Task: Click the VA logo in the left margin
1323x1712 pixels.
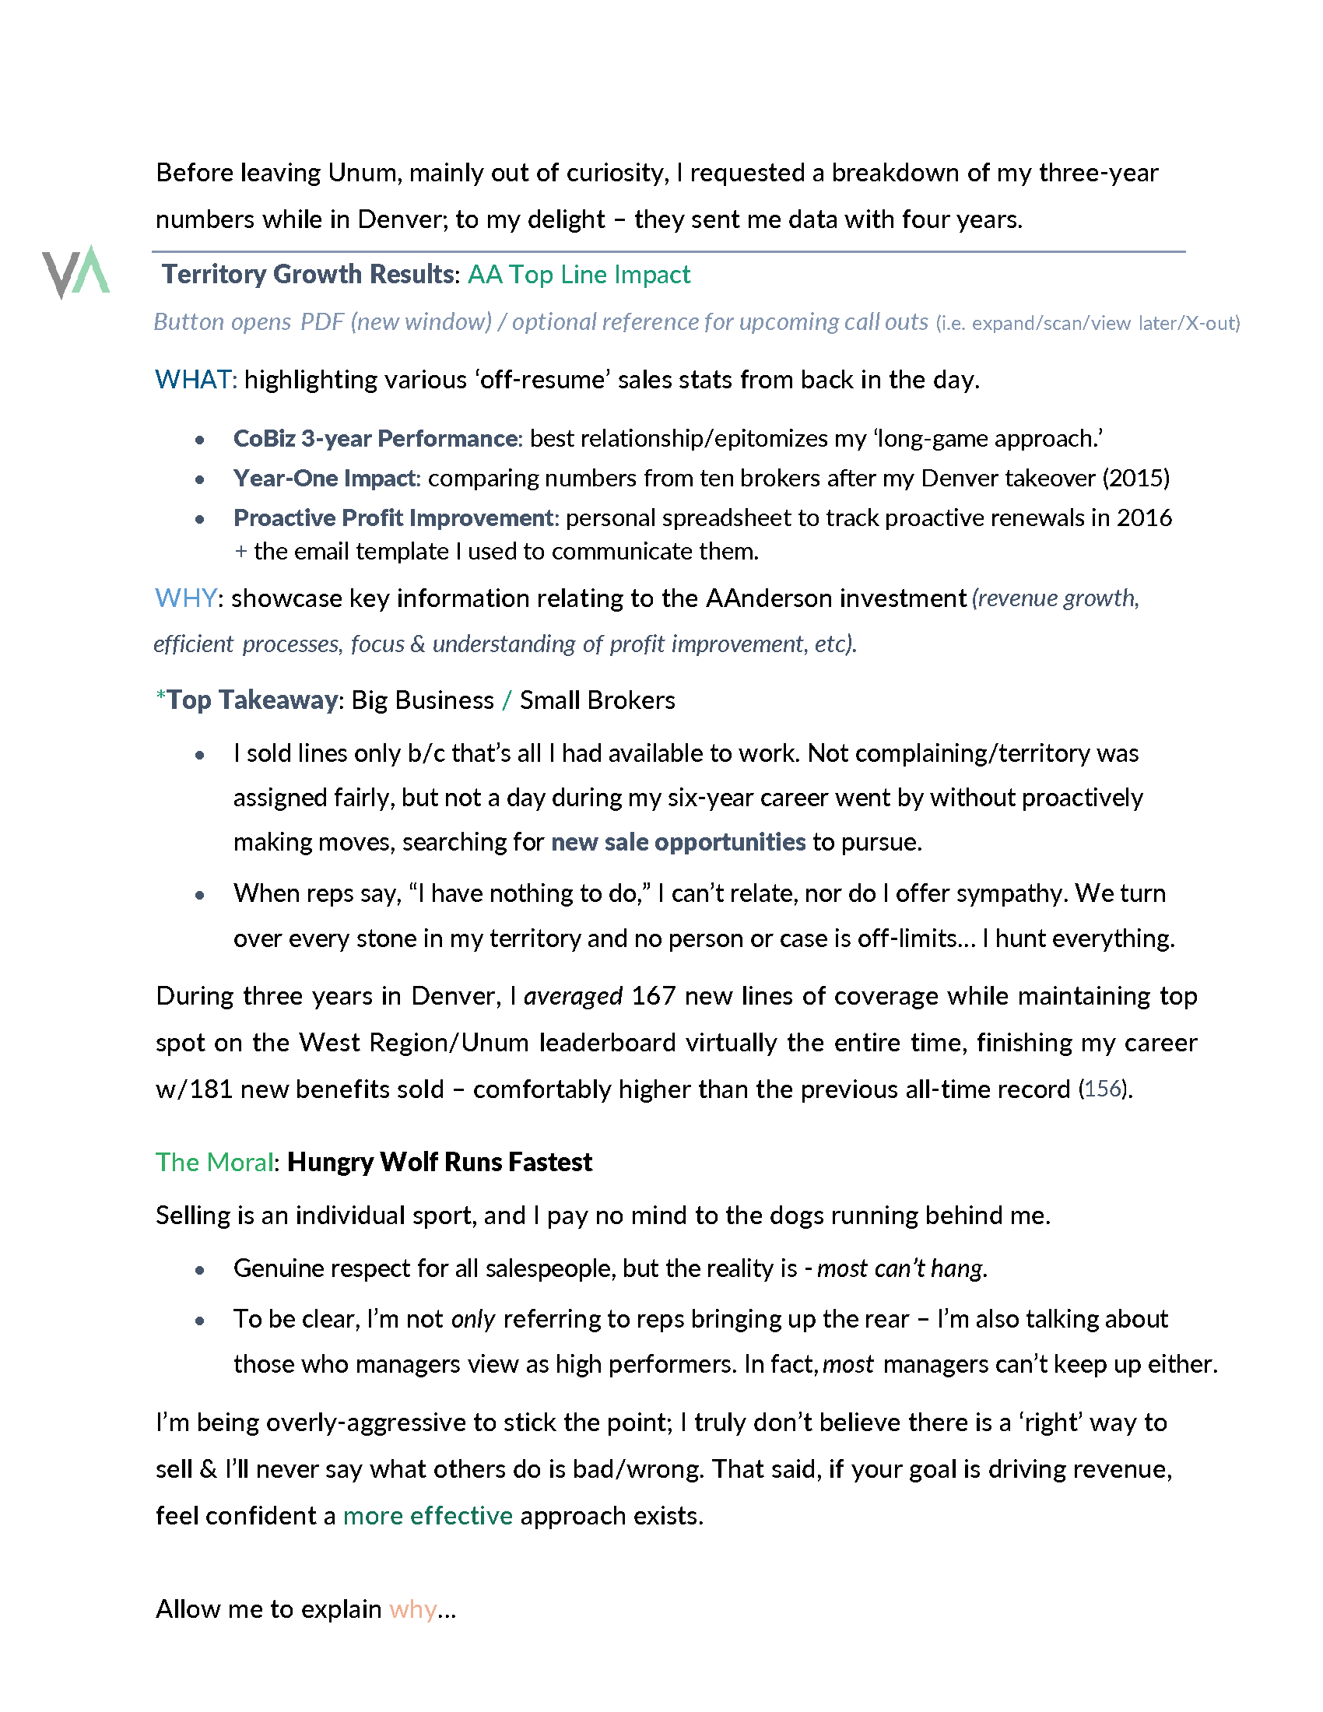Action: (76, 272)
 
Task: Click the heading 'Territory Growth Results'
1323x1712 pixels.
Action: (307, 275)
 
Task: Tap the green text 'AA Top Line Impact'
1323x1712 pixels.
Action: (578, 275)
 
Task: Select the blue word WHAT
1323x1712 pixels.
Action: (193, 380)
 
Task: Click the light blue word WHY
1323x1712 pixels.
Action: (185, 598)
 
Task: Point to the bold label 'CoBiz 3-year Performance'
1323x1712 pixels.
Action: (375, 438)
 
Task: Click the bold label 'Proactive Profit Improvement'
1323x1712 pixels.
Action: (394, 518)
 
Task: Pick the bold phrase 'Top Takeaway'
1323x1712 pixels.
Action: (251, 700)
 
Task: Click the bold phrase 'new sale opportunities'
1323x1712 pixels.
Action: (678, 842)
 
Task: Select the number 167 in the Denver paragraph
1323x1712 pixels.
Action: (653, 996)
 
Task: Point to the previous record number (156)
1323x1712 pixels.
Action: (1104, 1089)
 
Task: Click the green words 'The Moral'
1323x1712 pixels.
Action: (214, 1162)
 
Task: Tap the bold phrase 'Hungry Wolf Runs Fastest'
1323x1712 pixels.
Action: (439, 1162)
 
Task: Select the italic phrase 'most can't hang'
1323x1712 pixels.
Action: (900, 1268)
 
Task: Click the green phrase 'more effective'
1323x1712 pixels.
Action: (427, 1516)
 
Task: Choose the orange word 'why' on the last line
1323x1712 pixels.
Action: (412, 1609)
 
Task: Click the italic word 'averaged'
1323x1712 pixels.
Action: (572, 996)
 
